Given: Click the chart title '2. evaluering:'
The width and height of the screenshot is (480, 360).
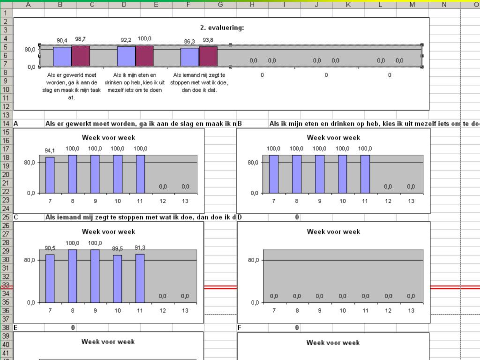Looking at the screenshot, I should click(222, 28).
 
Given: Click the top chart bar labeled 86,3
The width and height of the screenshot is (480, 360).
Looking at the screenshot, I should click(189, 57).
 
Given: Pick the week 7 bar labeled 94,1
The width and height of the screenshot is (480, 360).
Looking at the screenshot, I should click(50, 175).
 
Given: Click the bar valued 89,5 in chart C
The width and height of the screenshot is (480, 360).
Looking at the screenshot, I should click(118, 278).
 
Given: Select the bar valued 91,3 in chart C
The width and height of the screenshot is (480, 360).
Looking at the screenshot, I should click(140, 278).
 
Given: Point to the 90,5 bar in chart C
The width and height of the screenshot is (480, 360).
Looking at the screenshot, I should click(50, 278).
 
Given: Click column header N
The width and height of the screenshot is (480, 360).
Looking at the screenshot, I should click(444, 5).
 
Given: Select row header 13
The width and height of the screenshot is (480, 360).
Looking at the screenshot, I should click(6, 115).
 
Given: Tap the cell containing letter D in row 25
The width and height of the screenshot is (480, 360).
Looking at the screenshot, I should click(240, 217).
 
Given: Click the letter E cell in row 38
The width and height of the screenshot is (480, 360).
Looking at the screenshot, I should click(16, 328).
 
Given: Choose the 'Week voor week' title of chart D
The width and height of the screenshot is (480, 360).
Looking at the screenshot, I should click(333, 232).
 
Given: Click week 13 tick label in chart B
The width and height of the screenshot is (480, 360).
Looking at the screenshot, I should click(411, 201).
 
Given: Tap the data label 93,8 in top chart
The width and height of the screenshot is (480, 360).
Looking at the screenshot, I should click(208, 40).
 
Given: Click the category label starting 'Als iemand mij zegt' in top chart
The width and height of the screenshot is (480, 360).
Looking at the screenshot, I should click(199, 82).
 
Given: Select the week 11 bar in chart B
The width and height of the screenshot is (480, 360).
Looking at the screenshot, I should click(365, 174).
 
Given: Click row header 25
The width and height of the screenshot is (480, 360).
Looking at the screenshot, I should click(6, 217).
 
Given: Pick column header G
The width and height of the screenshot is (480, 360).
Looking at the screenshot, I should click(220, 5).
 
